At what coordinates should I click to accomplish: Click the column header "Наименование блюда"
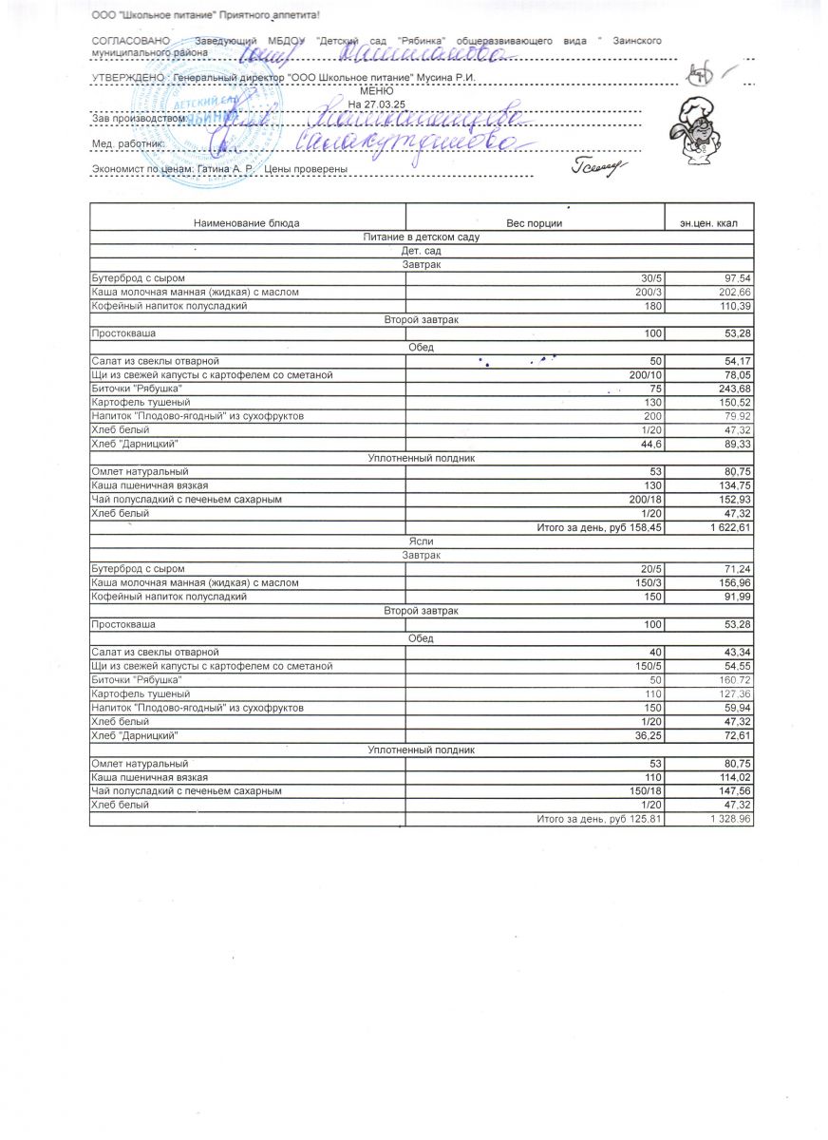click(x=246, y=223)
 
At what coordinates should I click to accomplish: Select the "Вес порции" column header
click(x=534, y=223)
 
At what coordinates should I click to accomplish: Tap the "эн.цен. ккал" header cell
click(x=708, y=223)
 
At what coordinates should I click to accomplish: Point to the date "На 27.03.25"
click(x=376, y=103)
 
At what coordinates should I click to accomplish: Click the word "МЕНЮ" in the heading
click(x=376, y=90)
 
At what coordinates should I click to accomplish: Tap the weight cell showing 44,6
click(x=650, y=444)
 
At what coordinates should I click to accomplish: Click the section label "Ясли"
click(x=421, y=541)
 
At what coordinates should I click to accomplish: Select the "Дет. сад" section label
click(x=421, y=250)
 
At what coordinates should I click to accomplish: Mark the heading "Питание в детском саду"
click(x=421, y=237)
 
